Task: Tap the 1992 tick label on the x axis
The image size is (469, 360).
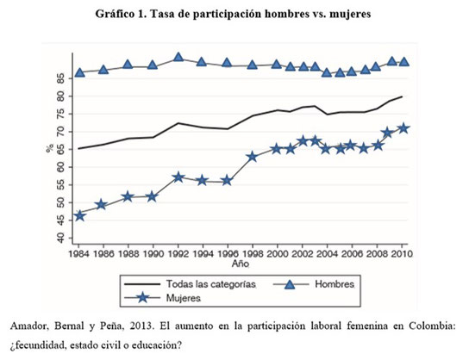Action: pos(178,254)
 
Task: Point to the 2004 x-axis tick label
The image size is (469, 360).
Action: pos(328,254)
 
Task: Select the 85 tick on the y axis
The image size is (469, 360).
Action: pos(60,79)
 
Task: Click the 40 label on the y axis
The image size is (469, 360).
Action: pos(60,238)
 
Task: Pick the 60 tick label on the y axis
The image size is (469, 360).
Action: pos(60,167)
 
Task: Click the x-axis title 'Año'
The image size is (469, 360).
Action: pos(241,264)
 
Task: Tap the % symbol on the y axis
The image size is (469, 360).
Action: pos(50,148)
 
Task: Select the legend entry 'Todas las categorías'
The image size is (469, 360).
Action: pos(211,284)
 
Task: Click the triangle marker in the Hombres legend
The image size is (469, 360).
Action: pos(290,284)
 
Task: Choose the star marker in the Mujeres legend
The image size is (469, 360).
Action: pos(142,298)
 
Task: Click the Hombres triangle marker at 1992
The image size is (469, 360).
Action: pos(178,57)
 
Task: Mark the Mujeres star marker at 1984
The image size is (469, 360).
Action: pos(79,215)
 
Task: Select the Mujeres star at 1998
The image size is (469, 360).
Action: pos(253,157)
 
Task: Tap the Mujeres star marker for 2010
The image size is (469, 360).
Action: pos(403,128)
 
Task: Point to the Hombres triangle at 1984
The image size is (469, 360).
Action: pos(79,72)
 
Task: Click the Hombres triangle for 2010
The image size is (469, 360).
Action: pos(404,61)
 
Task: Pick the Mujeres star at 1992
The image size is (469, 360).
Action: pos(178,177)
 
